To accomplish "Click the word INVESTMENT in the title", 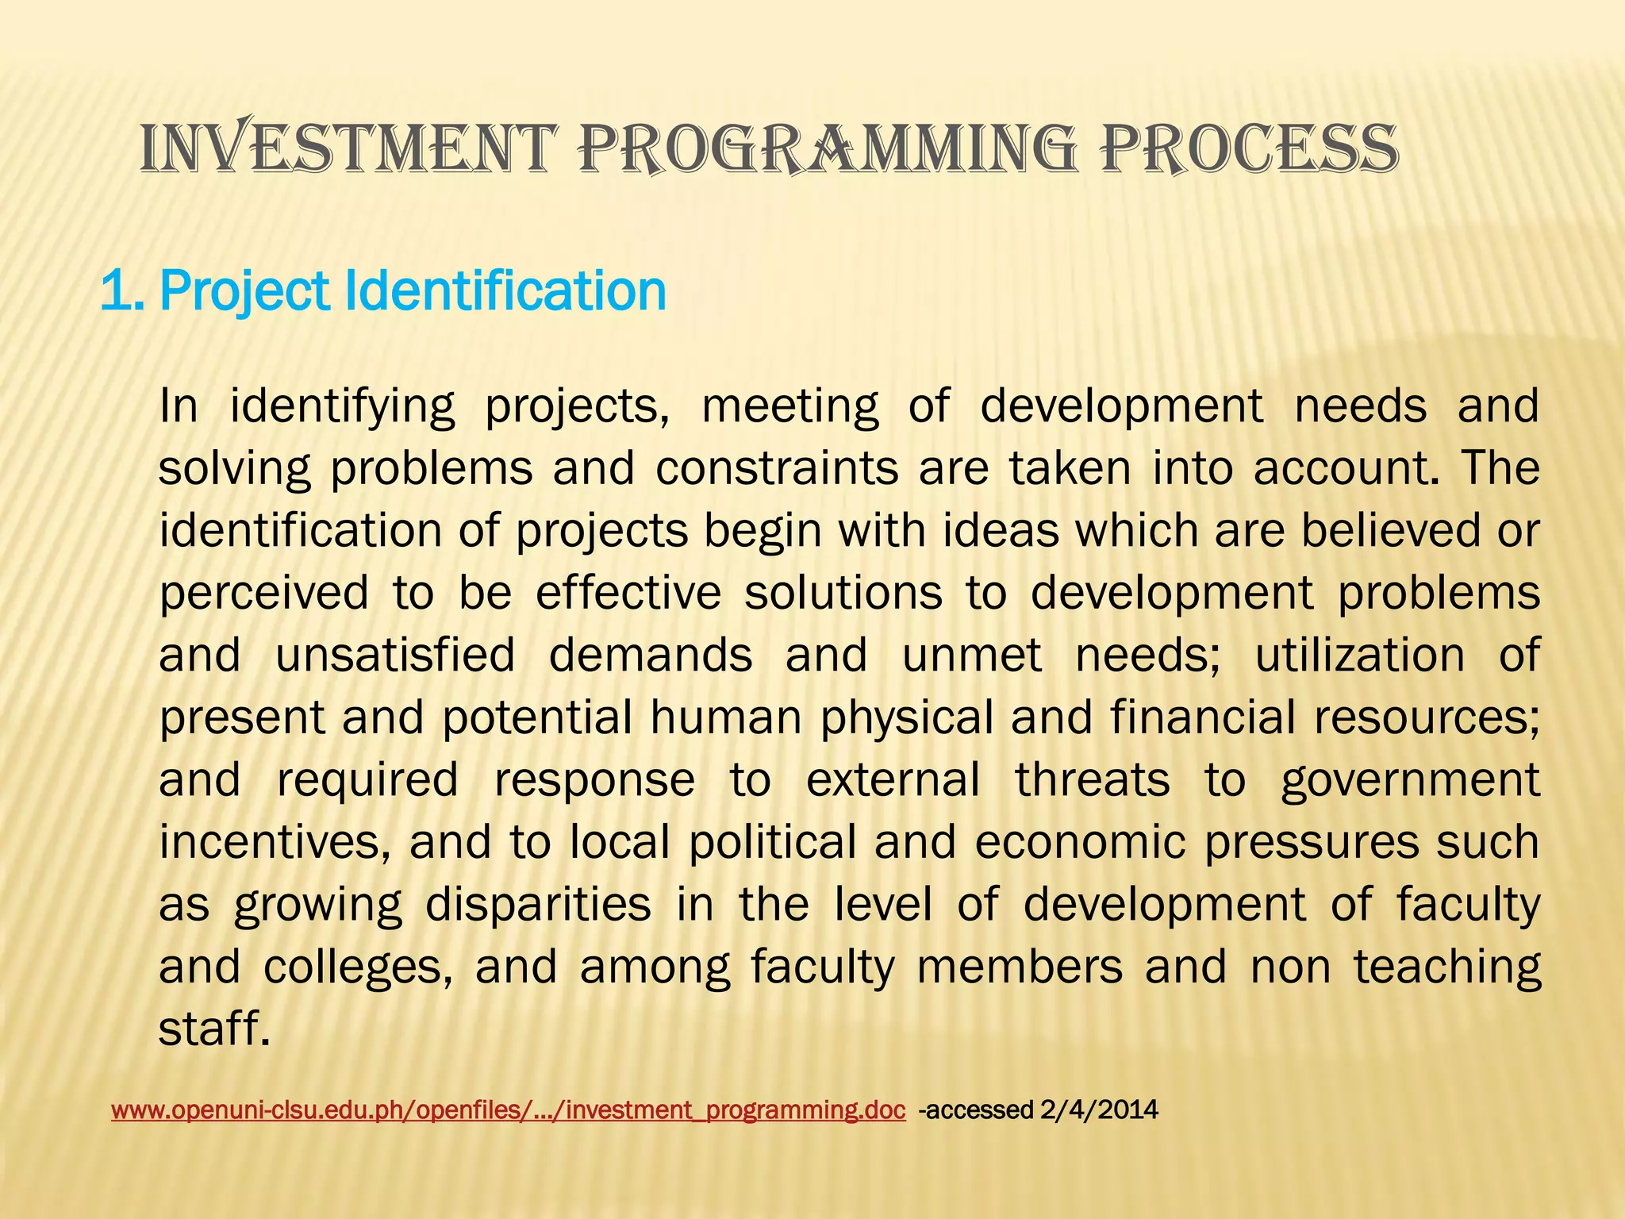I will (344, 148).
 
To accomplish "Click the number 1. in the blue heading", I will (124, 291).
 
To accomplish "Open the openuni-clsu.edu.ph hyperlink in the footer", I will (508, 1109).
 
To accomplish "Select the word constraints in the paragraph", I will (777, 467).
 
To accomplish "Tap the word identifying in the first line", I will (342, 406).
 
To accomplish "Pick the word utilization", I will (1359, 656).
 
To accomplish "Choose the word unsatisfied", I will (395, 656).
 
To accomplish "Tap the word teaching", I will (1446, 967).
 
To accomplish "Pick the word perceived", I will (263, 593).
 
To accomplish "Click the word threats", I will (1093, 779).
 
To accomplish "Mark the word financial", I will (1202, 717).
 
